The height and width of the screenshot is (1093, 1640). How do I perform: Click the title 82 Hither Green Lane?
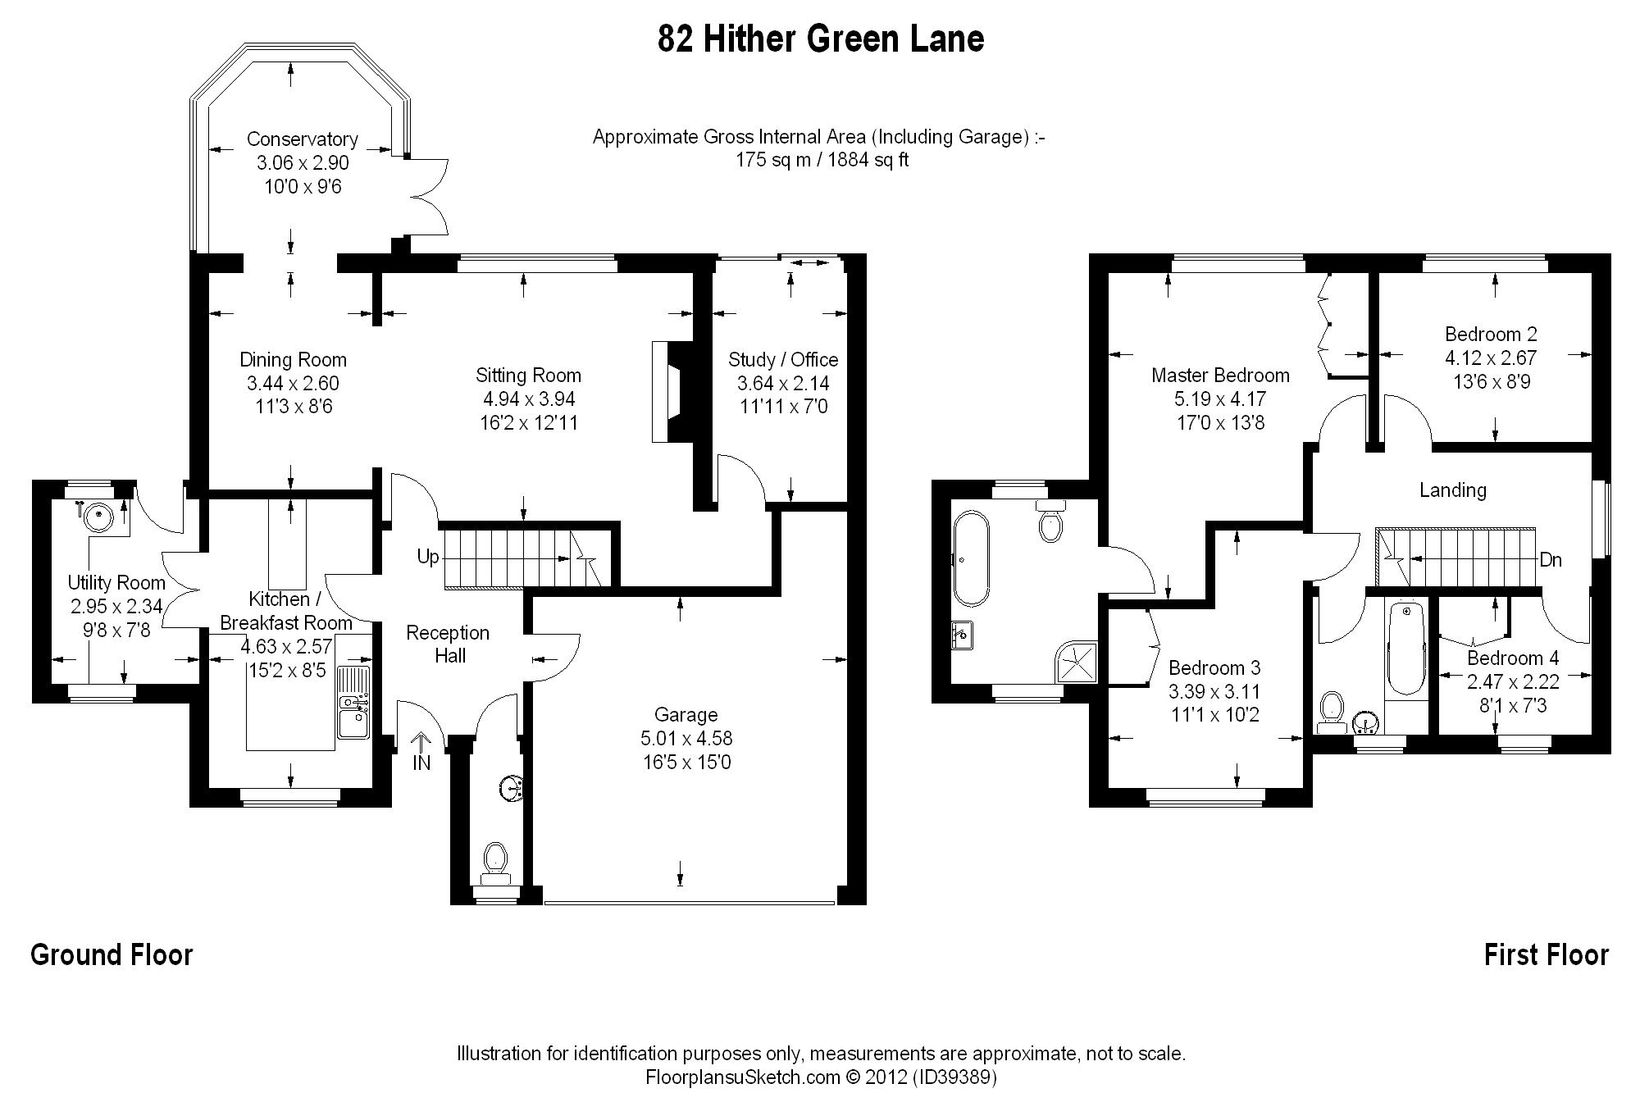pyautogui.click(x=820, y=39)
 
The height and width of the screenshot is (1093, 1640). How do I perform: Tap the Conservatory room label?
pyautogui.click(x=302, y=139)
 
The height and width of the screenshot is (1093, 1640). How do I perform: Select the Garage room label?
pyautogui.click(x=686, y=715)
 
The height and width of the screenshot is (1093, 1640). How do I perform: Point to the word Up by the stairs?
pyautogui.click(x=428, y=558)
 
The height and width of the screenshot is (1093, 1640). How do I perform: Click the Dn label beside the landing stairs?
pyautogui.click(x=1551, y=560)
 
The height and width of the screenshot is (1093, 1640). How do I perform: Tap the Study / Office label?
pyautogui.click(x=783, y=360)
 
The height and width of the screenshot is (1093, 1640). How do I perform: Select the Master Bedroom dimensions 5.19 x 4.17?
pyautogui.click(x=1220, y=399)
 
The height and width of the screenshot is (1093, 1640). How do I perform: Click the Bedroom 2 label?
pyautogui.click(x=1491, y=335)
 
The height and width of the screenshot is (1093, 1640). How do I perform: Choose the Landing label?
pyautogui.click(x=1453, y=490)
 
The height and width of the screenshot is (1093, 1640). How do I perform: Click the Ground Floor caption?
pyautogui.click(x=112, y=955)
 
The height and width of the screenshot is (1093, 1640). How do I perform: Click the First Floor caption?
pyautogui.click(x=1547, y=955)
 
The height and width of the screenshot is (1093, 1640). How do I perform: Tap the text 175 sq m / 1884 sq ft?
pyautogui.click(x=822, y=160)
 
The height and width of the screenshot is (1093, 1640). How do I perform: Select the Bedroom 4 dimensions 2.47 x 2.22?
pyautogui.click(x=1513, y=681)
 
